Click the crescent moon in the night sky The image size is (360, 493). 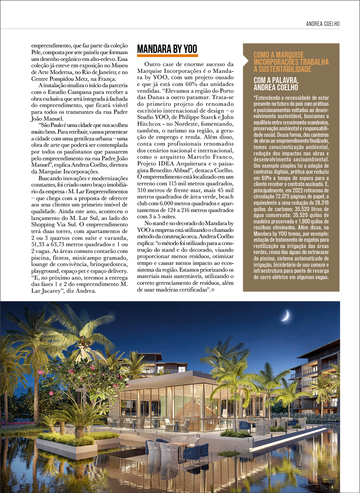[285, 316]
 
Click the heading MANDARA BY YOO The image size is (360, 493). [167, 49]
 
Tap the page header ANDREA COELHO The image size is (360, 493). [323, 24]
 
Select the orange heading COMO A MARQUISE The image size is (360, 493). [278, 55]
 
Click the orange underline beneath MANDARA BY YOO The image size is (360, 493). [167, 56]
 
